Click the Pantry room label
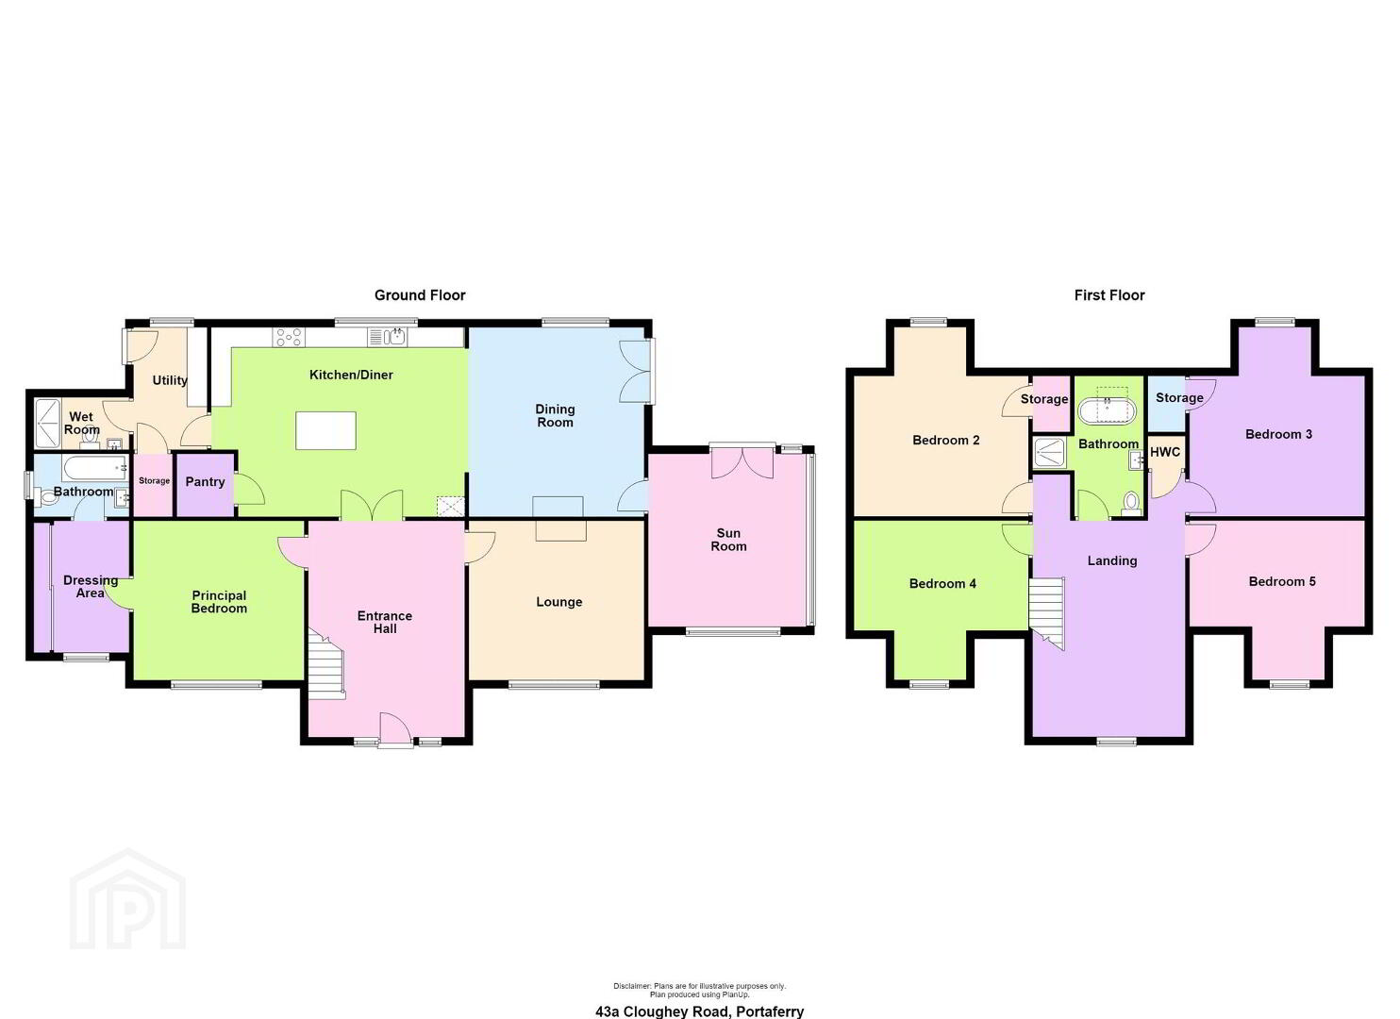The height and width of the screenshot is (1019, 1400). (x=205, y=482)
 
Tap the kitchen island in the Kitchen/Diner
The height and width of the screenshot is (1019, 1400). (x=325, y=431)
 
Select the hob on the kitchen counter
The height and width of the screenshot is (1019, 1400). (x=289, y=338)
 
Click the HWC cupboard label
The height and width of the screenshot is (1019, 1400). (x=1165, y=452)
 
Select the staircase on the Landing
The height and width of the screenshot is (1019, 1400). (x=1046, y=612)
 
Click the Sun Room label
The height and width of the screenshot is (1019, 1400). (x=728, y=540)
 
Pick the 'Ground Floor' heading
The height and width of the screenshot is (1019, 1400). (x=420, y=295)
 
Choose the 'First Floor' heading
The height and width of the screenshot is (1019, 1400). (x=1109, y=295)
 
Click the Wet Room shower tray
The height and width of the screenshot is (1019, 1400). (x=47, y=424)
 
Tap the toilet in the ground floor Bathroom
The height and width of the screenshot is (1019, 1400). (x=47, y=497)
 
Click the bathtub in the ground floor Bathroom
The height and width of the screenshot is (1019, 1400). (x=95, y=468)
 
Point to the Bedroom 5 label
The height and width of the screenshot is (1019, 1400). (x=1282, y=581)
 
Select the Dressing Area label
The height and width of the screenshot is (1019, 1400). (x=91, y=586)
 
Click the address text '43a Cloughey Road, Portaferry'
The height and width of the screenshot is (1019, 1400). (x=699, y=1011)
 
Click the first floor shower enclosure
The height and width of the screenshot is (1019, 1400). (x=1049, y=453)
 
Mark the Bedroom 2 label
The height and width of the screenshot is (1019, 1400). (x=945, y=440)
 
